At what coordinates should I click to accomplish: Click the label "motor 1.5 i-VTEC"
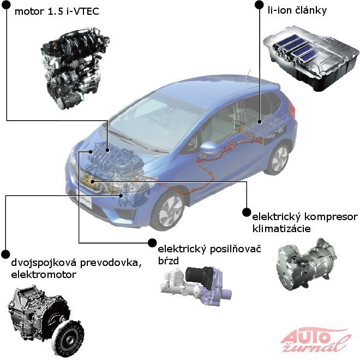point(57,11)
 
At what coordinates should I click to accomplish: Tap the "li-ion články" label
point(297,10)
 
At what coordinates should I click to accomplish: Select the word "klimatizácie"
point(281,229)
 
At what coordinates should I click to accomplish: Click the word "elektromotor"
point(44,274)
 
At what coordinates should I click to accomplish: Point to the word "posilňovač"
point(235,250)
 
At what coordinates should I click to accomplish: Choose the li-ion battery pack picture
point(311,57)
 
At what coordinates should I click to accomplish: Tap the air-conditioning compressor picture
point(307,264)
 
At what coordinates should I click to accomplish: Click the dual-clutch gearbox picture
point(45,320)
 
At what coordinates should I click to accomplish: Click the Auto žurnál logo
point(315,339)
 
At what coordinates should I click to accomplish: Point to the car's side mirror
point(209,149)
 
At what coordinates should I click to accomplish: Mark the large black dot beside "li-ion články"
point(259,4)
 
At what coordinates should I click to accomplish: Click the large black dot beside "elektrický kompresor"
point(247,212)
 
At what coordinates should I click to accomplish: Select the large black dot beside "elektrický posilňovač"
point(152,242)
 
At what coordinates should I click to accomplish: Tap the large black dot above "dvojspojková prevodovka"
point(5,254)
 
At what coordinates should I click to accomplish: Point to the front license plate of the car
point(84,200)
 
